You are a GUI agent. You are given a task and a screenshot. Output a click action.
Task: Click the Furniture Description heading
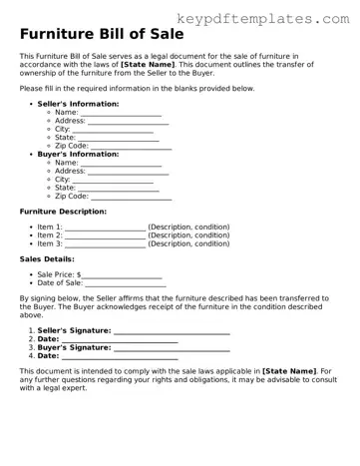63,212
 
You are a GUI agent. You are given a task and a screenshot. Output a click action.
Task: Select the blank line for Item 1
105,230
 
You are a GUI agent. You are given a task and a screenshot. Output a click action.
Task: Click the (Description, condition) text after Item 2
188,235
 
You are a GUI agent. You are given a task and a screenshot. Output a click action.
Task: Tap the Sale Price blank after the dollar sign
122,276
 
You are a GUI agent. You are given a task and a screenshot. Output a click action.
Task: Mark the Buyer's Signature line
172,349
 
